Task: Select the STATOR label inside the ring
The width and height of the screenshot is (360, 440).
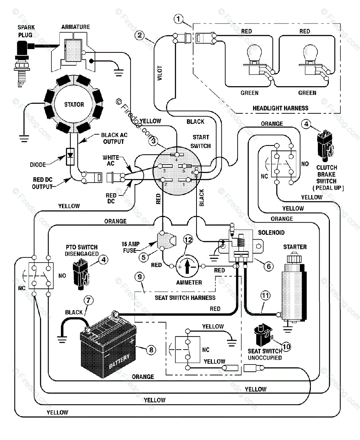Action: (74, 104)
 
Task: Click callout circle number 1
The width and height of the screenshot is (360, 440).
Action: (179, 19)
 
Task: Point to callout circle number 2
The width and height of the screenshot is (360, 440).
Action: (140, 36)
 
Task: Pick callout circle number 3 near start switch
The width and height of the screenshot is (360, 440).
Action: (153, 140)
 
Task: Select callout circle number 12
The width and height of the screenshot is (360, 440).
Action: (188, 240)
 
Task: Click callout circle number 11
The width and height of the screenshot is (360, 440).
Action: (266, 294)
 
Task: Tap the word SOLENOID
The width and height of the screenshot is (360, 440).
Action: (271, 232)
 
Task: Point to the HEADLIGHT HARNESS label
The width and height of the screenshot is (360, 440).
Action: (280, 108)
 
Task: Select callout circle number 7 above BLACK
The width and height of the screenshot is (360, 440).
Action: (88, 300)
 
